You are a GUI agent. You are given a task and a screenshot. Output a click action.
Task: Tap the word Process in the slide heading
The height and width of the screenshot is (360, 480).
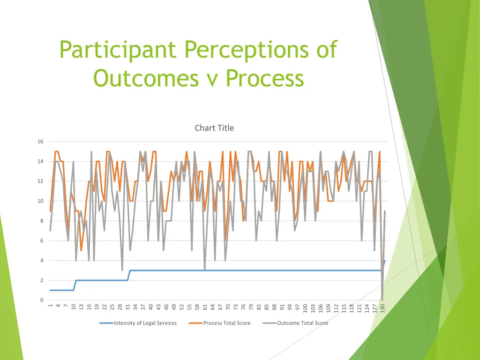pyautogui.click(x=265, y=78)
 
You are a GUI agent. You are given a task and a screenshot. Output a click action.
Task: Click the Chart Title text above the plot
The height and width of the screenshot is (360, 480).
pyautogui.click(x=214, y=128)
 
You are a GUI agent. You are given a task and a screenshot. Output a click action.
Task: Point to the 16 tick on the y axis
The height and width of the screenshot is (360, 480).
pyautogui.click(x=40, y=142)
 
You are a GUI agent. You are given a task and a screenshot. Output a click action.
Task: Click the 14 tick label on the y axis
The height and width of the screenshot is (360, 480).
pyautogui.click(x=40, y=161)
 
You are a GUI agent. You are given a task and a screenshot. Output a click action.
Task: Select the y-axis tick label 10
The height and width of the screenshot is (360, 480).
pyautogui.click(x=40, y=201)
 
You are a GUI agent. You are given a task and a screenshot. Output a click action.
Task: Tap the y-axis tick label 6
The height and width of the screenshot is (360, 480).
pyautogui.click(x=42, y=241)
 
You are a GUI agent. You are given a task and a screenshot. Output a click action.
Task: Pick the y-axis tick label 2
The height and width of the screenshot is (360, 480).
pyautogui.click(x=42, y=280)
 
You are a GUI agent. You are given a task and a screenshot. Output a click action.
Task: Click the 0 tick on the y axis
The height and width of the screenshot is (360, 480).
pyautogui.click(x=42, y=300)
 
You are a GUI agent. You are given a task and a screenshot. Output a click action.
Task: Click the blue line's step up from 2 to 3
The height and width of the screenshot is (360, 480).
pyautogui.click(x=129, y=276)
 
